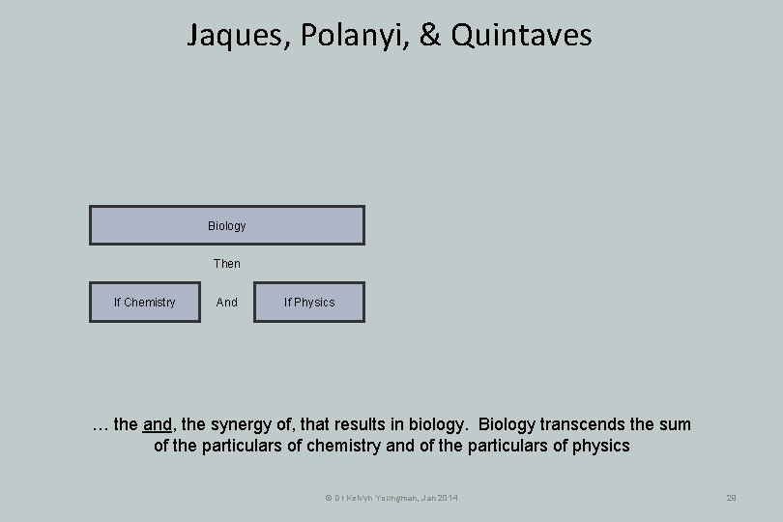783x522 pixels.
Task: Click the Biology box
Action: (x=227, y=225)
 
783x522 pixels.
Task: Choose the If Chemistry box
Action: (x=145, y=303)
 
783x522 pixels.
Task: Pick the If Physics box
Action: (x=309, y=303)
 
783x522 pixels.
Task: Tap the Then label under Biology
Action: (x=227, y=263)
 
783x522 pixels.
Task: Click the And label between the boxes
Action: (x=227, y=303)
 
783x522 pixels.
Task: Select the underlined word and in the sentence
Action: (x=157, y=424)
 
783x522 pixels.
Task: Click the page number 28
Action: (x=731, y=498)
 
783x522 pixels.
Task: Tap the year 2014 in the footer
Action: (x=445, y=498)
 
